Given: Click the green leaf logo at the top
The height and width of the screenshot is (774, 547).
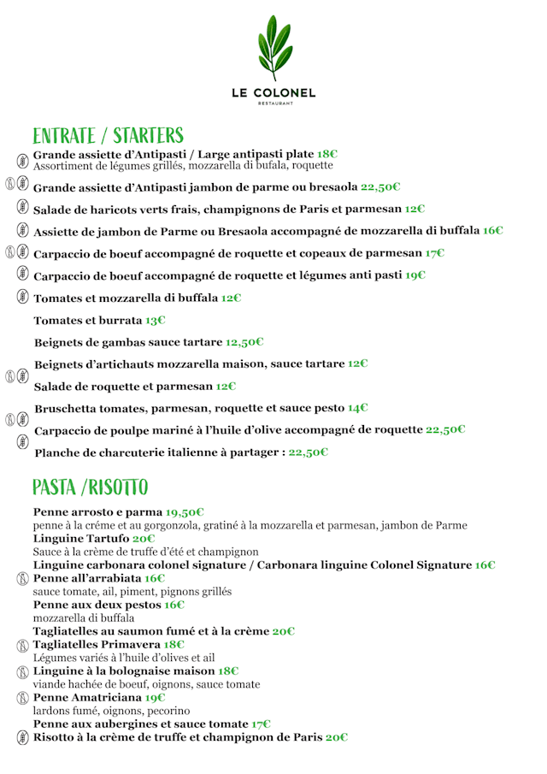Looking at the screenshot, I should tap(273, 46).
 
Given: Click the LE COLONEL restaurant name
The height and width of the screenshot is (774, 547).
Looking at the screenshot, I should tap(273, 92).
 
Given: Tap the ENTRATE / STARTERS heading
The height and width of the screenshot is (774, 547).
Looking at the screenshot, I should tap(108, 136).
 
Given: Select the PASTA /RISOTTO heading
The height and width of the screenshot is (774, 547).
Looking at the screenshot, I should tap(90, 487).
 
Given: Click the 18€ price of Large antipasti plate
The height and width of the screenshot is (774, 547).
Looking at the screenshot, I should tap(327, 155).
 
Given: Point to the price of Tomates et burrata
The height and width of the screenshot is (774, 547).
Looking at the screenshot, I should tap(155, 321).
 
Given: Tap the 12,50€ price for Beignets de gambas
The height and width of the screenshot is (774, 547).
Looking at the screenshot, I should tap(244, 342).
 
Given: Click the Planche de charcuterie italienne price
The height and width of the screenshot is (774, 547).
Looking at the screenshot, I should tap(308, 452).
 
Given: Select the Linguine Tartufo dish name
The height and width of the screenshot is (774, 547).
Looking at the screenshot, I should tap(80, 539).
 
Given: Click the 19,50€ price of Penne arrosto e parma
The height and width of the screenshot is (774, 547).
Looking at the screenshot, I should tap(184, 512).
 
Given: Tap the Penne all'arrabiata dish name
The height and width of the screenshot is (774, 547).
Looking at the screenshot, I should tap(86, 578).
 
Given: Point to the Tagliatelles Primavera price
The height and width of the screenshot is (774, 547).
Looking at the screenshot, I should tap(174, 644).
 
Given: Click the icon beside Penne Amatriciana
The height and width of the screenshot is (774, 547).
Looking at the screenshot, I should tap(22, 698).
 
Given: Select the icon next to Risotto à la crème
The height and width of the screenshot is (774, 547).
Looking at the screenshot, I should tap(22, 737).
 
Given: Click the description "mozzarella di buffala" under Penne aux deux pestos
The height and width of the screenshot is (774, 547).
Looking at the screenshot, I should tap(83, 617).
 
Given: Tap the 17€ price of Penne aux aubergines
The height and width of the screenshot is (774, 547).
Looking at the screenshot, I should tap(262, 724).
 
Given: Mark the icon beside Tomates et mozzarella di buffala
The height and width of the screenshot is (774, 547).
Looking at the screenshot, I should tap(22, 298).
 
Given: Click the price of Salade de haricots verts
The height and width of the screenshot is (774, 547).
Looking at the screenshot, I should tap(415, 209).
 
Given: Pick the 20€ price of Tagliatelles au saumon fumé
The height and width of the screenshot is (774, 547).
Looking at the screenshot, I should tap(283, 631).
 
